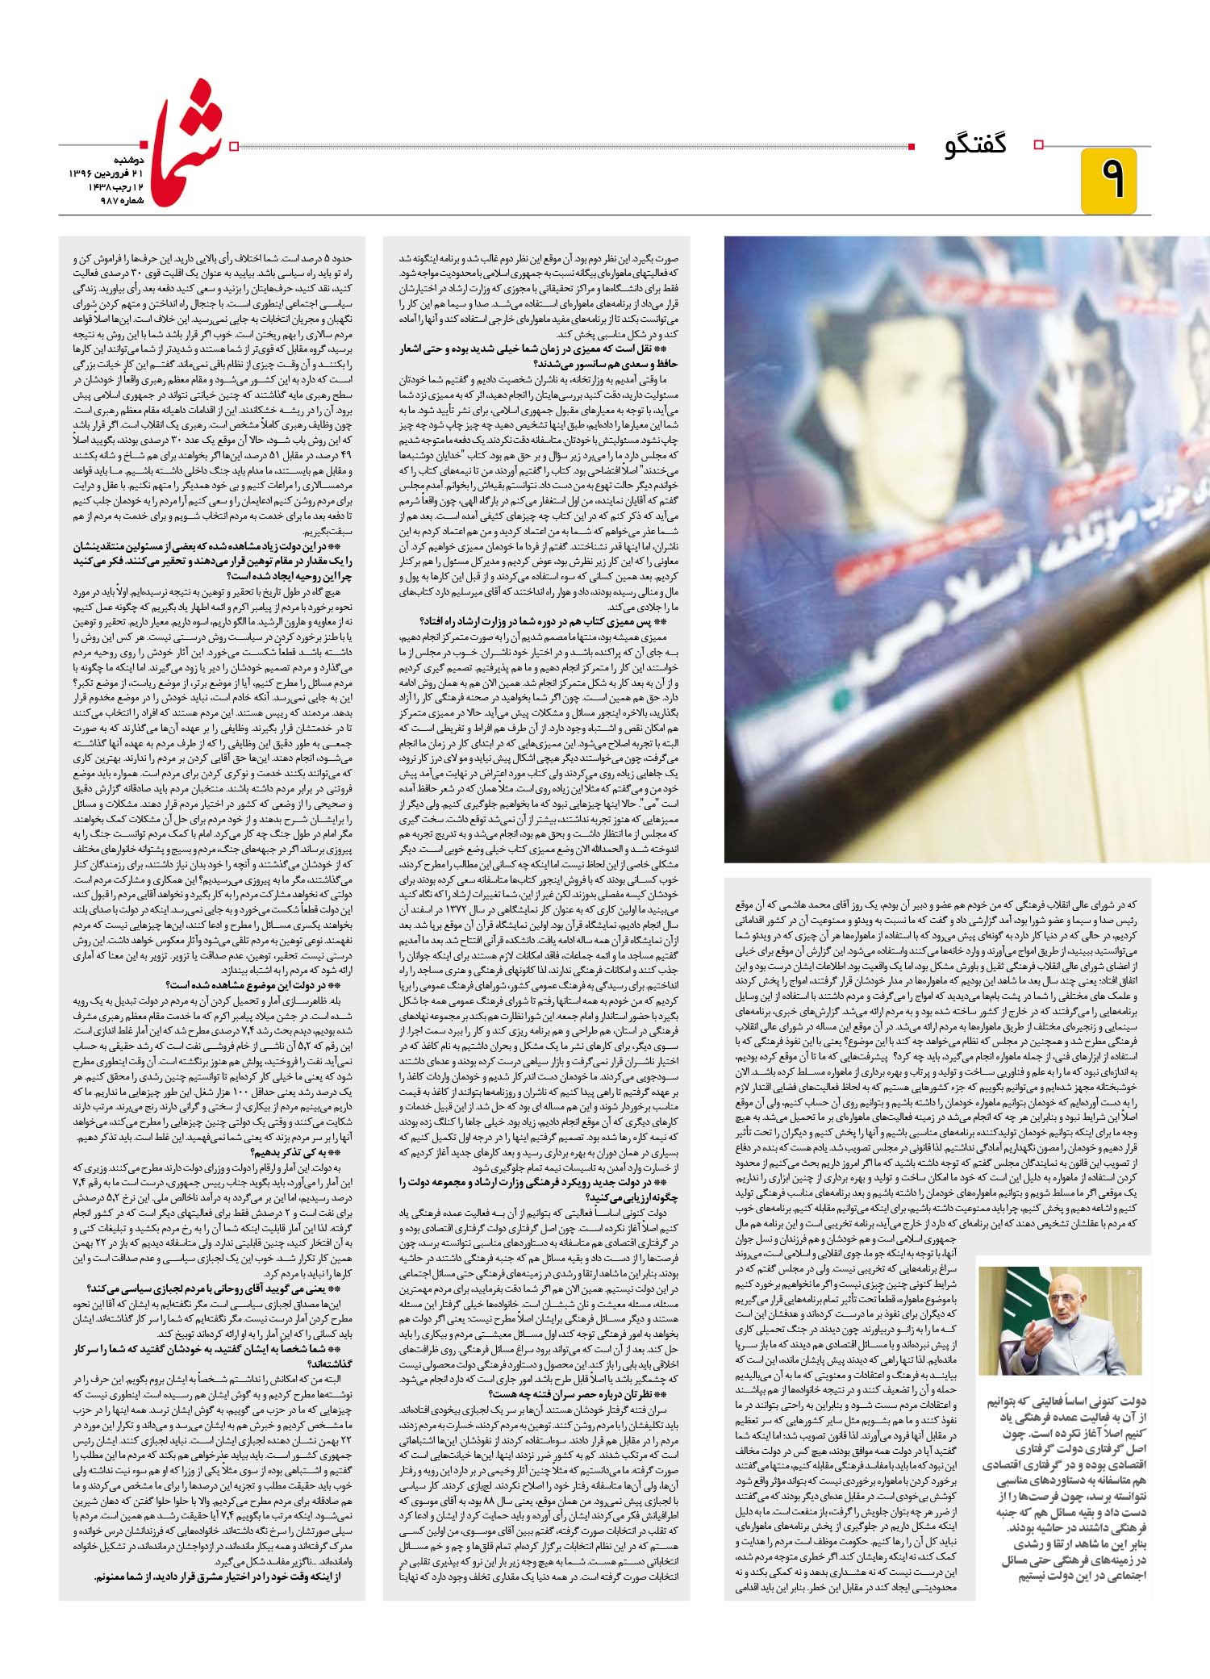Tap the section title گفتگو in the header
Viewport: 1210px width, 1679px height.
coord(976,146)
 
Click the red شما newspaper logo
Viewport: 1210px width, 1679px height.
coord(189,149)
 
